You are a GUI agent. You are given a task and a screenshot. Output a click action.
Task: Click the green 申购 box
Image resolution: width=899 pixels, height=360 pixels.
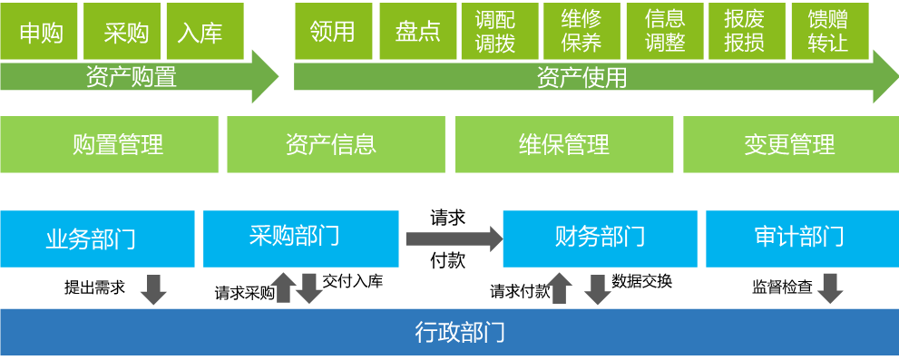tap(40, 32)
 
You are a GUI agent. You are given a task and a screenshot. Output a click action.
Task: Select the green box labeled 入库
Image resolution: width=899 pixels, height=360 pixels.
tap(199, 32)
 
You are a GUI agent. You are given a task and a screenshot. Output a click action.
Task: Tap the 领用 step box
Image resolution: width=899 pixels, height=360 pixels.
tap(332, 32)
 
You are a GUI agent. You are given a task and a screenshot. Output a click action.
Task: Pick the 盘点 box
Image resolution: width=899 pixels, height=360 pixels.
tap(417, 32)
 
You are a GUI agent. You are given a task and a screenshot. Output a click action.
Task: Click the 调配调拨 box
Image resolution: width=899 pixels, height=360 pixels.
tap(495, 32)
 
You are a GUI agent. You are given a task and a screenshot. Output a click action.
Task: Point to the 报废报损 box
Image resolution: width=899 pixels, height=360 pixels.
tap(744, 32)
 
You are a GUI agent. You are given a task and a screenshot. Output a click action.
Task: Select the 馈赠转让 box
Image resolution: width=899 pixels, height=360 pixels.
tap(827, 32)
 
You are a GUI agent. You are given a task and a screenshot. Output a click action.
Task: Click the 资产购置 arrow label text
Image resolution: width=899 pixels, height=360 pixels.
tap(131, 77)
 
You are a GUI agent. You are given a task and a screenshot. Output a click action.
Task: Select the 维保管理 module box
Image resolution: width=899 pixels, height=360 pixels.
tap(563, 144)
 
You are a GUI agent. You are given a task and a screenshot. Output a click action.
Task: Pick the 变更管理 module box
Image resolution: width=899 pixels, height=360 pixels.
tap(789, 144)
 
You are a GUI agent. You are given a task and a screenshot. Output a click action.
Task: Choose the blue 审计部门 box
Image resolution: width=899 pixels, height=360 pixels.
tap(798, 238)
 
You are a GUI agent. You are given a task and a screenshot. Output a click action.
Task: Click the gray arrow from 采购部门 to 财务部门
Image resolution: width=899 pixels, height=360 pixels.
tap(454, 238)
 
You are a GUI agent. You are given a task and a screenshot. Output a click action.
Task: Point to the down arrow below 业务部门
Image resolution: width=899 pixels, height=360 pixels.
tap(152, 288)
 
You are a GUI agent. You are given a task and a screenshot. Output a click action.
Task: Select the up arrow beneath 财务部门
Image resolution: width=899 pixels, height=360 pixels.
tap(560, 288)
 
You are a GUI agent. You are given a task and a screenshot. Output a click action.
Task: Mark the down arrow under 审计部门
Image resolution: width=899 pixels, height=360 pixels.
tap(830, 288)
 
